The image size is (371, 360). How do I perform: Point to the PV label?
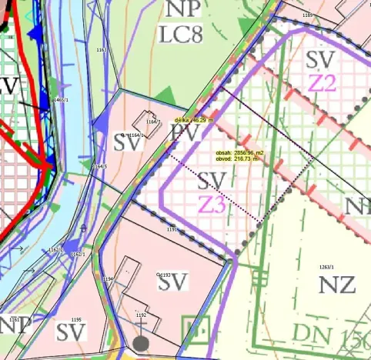pyautogui.click(x=185, y=135)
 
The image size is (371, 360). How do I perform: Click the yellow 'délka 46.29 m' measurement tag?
pyautogui.click(x=193, y=120)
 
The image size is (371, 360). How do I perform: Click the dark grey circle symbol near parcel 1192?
pyautogui.click(x=140, y=344)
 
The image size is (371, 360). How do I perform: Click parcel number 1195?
pyautogui.click(x=75, y=319)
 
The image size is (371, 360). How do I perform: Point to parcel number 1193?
pyautogui.click(x=164, y=274)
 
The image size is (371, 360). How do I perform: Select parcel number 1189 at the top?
pyautogui.click(x=308, y=15)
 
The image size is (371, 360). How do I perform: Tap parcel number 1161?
pyautogui.click(x=15, y=318)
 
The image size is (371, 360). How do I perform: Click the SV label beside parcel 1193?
pyautogui.click(x=173, y=282)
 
